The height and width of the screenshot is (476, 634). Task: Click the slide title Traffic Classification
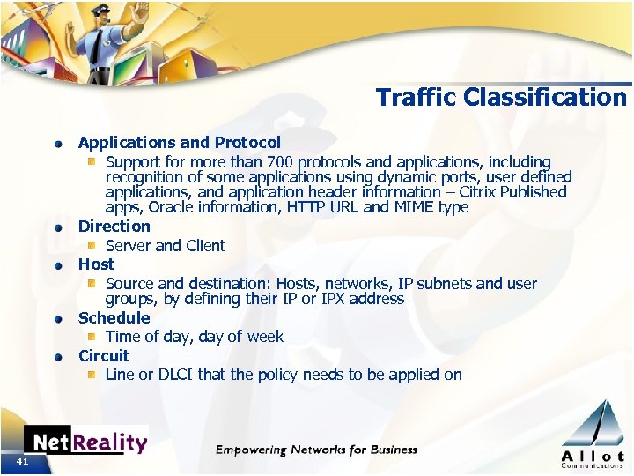(x=501, y=97)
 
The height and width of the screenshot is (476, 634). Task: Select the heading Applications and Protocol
(x=179, y=142)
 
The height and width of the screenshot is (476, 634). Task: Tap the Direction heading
(x=114, y=226)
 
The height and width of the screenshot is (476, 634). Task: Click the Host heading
(x=96, y=264)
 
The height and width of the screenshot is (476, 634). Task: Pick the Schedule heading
(x=114, y=317)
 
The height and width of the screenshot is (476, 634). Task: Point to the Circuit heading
(x=104, y=355)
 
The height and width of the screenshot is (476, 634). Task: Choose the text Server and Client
(x=166, y=246)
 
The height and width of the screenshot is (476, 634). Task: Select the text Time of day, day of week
(x=195, y=337)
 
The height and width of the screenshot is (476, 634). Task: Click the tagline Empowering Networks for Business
(x=316, y=450)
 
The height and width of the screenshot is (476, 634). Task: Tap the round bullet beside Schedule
(x=56, y=319)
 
